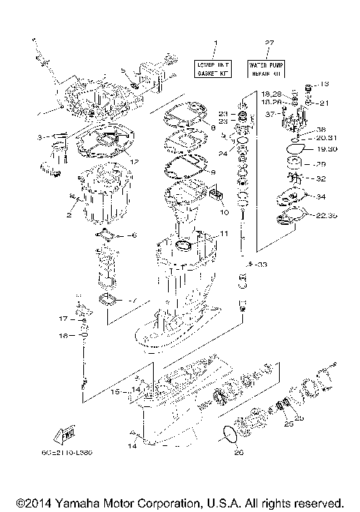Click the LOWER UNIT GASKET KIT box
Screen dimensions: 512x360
(214, 69)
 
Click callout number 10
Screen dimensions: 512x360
(223, 212)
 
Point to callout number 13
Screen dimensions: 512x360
(325, 84)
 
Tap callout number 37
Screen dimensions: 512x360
(269, 114)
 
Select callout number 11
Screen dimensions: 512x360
(223, 234)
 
